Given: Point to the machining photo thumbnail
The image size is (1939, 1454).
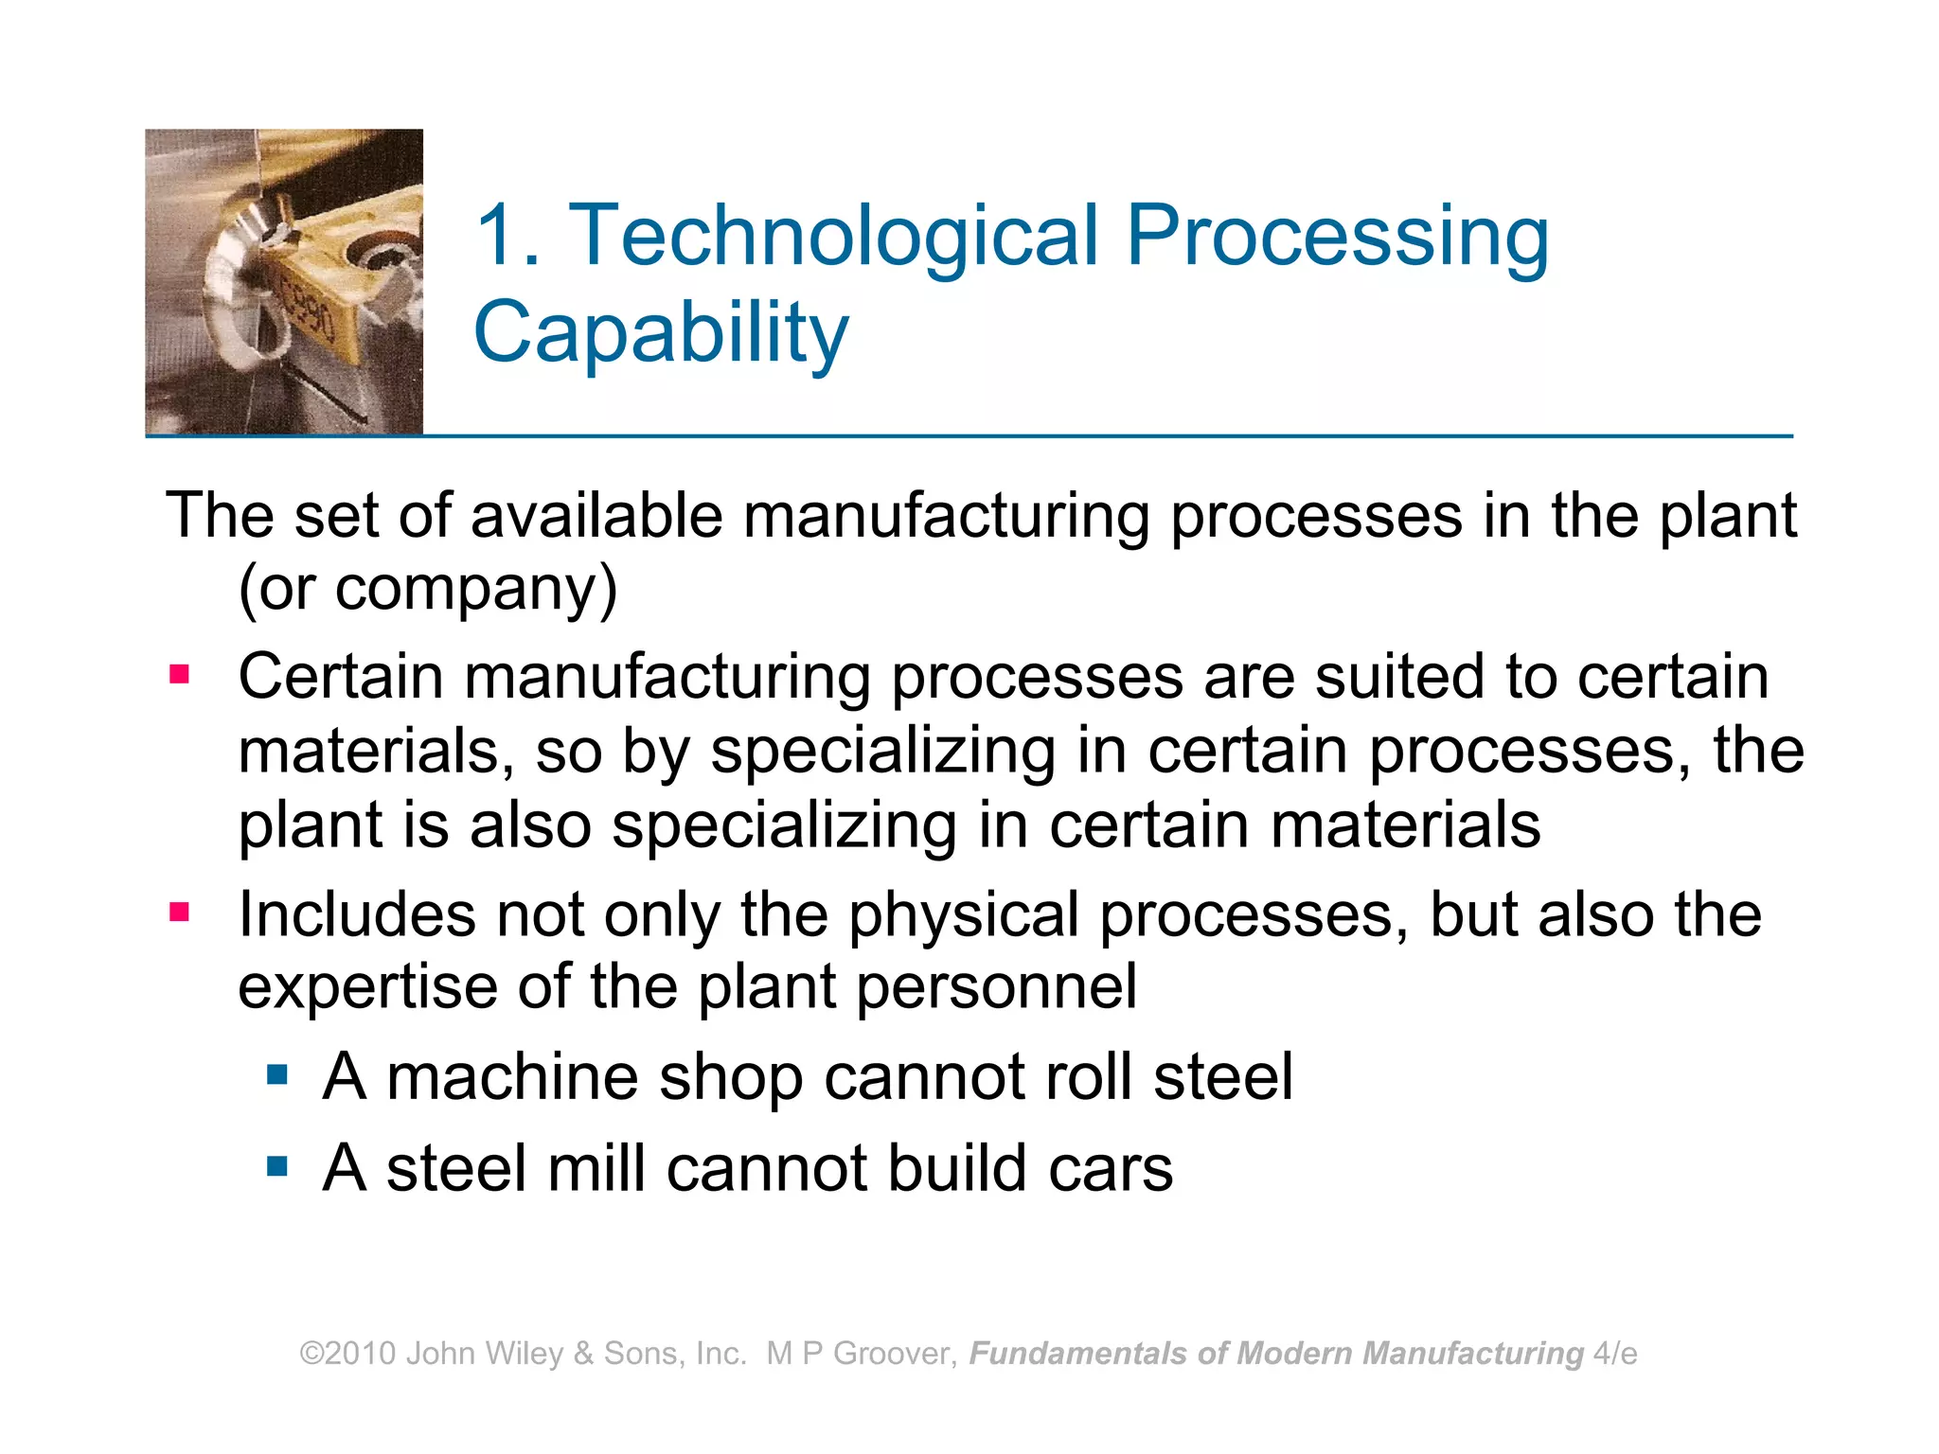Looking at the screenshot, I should [x=284, y=282].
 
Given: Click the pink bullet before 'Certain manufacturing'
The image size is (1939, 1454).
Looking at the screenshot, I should [x=179, y=675].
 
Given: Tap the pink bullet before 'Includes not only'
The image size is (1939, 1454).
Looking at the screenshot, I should [x=179, y=913].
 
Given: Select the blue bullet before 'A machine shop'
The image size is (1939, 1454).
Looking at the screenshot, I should [x=276, y=1074].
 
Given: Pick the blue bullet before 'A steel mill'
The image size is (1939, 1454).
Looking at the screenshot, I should [x=276, y=1165].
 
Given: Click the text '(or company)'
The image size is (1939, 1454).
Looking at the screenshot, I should [x=428, y=589].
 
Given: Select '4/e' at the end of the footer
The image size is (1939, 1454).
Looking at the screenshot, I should [x=1615, y=1354].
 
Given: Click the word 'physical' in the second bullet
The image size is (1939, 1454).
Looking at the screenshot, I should [x=963, y=915].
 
